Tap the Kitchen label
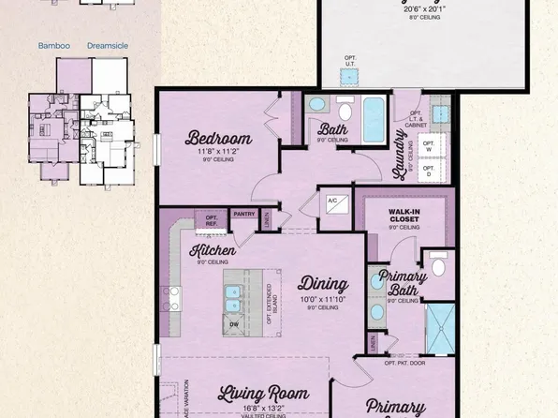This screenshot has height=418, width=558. (x=213, y=250)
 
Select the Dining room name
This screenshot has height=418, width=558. (x=323, y=283)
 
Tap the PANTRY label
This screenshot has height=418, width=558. (x=244, y=215)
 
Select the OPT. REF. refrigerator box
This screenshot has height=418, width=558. (x=211, y=222)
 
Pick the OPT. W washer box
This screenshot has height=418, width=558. (x=428, y=145)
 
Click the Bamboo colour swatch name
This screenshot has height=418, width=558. (x=54, y=45)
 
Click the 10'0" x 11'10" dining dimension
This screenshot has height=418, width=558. (x=323, y=300)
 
